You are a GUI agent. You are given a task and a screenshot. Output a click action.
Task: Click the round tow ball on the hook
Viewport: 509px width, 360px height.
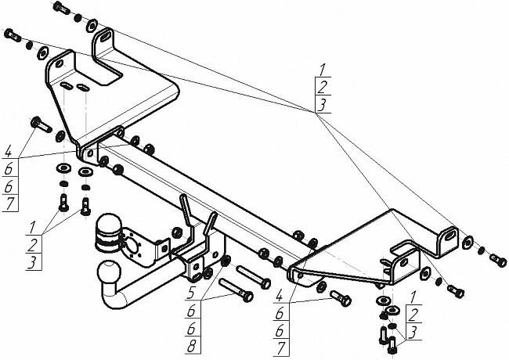click(x=106, y=273)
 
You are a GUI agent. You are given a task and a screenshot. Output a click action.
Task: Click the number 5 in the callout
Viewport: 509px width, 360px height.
click(x=190, y=296)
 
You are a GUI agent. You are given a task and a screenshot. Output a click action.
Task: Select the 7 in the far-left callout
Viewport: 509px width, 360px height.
click(x=8, y=204)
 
